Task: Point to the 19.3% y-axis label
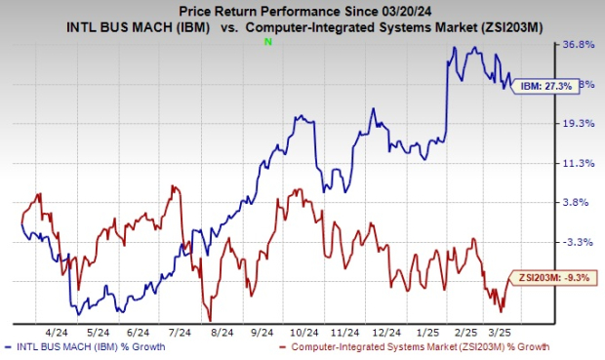(579, 124)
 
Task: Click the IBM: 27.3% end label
(540, 85)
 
